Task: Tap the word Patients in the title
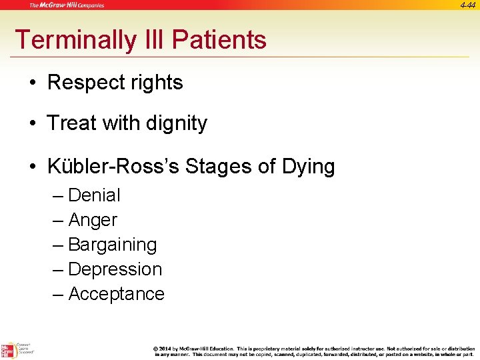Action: point(219,40)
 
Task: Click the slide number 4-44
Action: point(469,5)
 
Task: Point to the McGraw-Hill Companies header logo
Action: point(67,5)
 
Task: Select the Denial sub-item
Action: point(94,195)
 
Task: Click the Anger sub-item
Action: point(93,220)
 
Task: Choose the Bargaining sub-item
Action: point(112,245)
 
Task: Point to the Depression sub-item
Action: point(115,269)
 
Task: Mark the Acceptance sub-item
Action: point(116,294)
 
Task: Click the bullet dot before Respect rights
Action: point(33,83)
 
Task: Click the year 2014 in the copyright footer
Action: point(167,349)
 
